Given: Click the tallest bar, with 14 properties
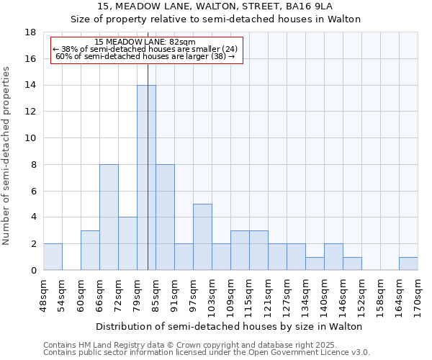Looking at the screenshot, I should [x=146, y=177].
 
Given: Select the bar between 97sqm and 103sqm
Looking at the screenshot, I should [x=202, y=237].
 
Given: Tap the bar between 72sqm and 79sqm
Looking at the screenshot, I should [x=127, y=243].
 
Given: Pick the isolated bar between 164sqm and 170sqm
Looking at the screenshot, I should [x=408, y=264].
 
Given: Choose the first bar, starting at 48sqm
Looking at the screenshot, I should [x=53, y=257].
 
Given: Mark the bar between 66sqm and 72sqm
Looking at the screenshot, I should [x=109, y=217].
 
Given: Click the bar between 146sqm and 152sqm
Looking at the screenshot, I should [x=352, y=264].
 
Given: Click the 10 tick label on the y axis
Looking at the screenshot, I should [x=31, y=138].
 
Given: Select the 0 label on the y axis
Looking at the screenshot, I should [x=34, y=271].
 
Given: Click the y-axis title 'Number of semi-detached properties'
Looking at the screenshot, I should [x=7, y=156].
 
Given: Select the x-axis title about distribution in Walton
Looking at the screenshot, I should [x=230, y=326].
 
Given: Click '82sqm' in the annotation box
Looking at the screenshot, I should [x=180, y=42].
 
